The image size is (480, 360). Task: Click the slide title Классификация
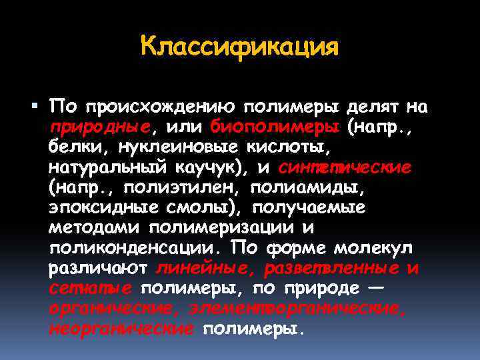(x=240, y=47)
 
